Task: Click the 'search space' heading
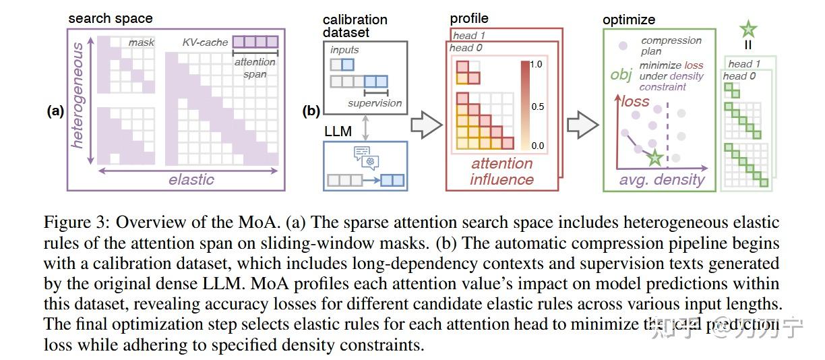(x=111, y=18)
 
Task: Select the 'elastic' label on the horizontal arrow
(x=191, y=179)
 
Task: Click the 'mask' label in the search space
(x=142, y=42)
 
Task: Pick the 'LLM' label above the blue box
(x=338, y=131)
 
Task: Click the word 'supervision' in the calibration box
(x=375, y=103)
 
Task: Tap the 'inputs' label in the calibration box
(x=345, y=50)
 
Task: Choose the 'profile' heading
(x=469, y=18)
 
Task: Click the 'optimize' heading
(x=629, y=20)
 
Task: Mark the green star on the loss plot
(x=654, y=158)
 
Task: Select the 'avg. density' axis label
(x=662, y=180)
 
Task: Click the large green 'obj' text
(x=621, y=74)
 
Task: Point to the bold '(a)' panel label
(x=55, y=112)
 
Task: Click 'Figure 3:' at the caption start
(x=75, y=223)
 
